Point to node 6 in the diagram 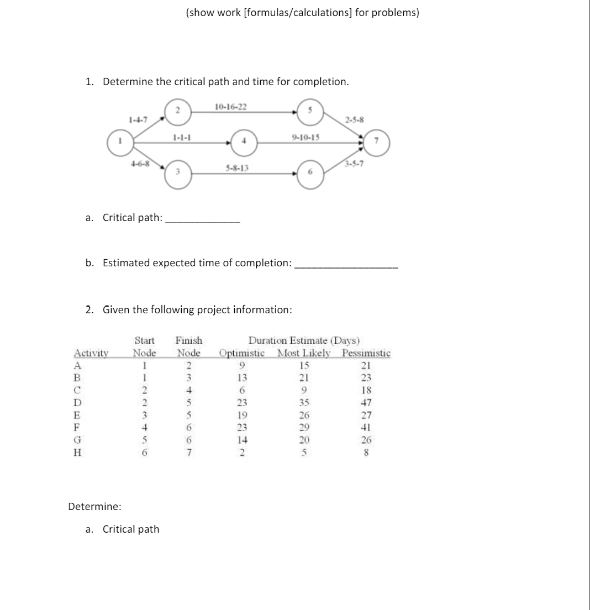click(310, 172)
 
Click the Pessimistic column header click(366, 353)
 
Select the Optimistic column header click(243, 353)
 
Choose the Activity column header click(91, 353)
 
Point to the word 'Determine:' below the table click(91, 506)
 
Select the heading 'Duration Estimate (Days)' click(304, 340)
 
